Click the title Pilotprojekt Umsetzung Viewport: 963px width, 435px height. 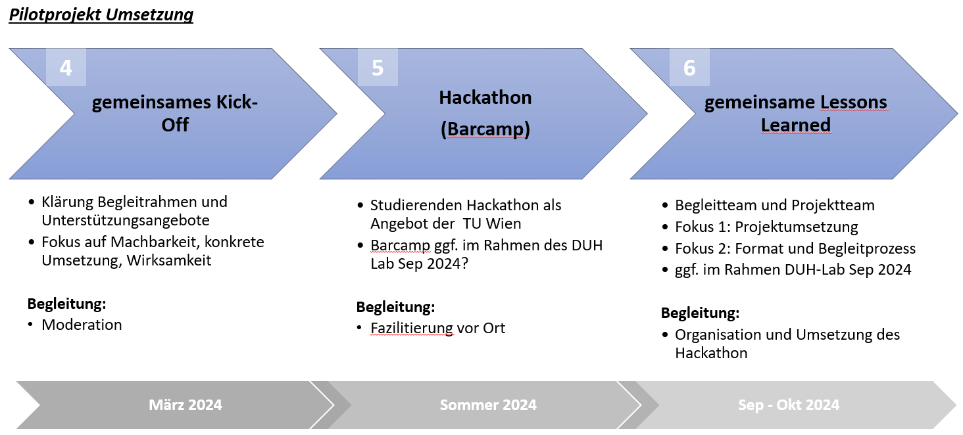click(101, 14)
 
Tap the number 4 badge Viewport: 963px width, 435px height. click(66, 68)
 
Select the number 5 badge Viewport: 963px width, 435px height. click(378, 68)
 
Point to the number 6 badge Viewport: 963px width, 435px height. click(689, 68)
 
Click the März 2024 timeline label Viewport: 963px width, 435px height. click(185, 405)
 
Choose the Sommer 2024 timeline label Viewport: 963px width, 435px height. click(488, 405)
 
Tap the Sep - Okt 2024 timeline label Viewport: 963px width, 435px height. click(789, 405)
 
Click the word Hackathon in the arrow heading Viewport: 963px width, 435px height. click(485, 97)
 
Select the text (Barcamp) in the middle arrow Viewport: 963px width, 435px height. click(485, 129)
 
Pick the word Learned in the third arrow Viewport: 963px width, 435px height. click(796, 125)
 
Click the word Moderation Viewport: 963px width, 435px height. click(82, 325)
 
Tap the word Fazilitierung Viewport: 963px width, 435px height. click(411, 328)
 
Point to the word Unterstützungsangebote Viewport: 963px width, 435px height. click(126, 220)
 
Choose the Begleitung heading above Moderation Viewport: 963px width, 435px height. click(66, 304)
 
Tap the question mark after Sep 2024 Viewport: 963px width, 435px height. click(464, 263)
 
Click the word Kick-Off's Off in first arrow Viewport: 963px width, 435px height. click(175, 125)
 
